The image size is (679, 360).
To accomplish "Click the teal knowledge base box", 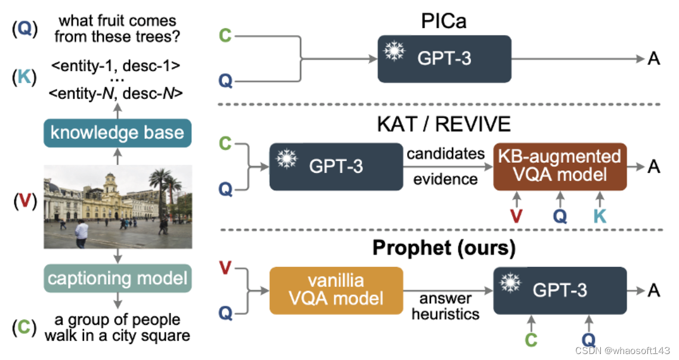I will click(x=117, y=132).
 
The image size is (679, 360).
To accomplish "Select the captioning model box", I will click(x=117, y=278).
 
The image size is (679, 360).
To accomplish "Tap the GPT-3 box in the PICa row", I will click(x=444, y=58).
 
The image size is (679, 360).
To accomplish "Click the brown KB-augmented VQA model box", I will click(x=560, y=166).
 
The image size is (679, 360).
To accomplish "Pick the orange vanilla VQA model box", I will click(x=336, y=290).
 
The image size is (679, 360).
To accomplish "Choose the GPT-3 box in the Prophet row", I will click(x=560, y=290).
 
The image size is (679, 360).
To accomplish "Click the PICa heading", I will click(x=445, y=21).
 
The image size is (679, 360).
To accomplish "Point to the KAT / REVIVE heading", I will click(x=445, y=124).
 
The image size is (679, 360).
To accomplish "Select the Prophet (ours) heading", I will click(x=444, y=248).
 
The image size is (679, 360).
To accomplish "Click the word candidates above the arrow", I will click(x=445, y=154).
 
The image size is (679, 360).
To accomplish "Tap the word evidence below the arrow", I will click(x=445, y=179).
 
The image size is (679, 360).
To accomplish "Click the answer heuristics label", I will click(x=445, y=306).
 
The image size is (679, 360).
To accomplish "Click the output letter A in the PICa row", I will click(x=653, y=58).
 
